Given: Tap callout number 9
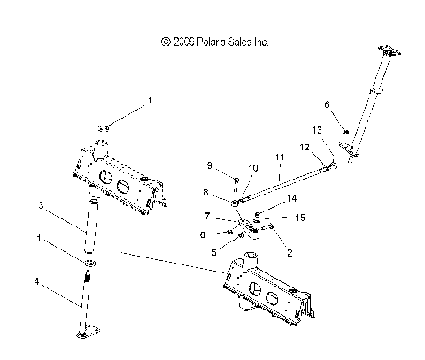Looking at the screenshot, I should [x=210, y=166].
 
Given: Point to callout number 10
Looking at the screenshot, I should [x=253, y=167].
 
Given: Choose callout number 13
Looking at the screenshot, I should [x=317, y=129].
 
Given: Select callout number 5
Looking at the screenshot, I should [x=213, y=250].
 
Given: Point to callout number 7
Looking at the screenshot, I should [x=207, y=215].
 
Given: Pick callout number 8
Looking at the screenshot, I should [x=207, y=192].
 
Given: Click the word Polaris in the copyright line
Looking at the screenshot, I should [x=218, y=42].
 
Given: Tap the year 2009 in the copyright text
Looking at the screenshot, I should [x=184, y=42].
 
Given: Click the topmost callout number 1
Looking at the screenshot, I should [x=150, y=102].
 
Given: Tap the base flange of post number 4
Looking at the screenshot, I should [x=83, y=332].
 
